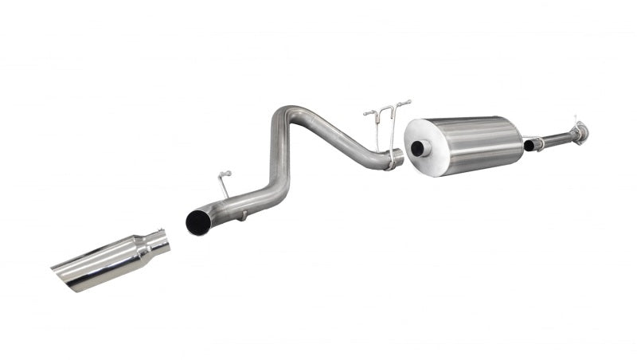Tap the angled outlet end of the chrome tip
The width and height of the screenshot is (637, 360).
[72, 276]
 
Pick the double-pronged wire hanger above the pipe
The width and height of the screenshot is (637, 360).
[386, 112]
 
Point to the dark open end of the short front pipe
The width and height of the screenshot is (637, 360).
[528, 146]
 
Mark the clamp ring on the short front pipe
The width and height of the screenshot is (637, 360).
[539, 143]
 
